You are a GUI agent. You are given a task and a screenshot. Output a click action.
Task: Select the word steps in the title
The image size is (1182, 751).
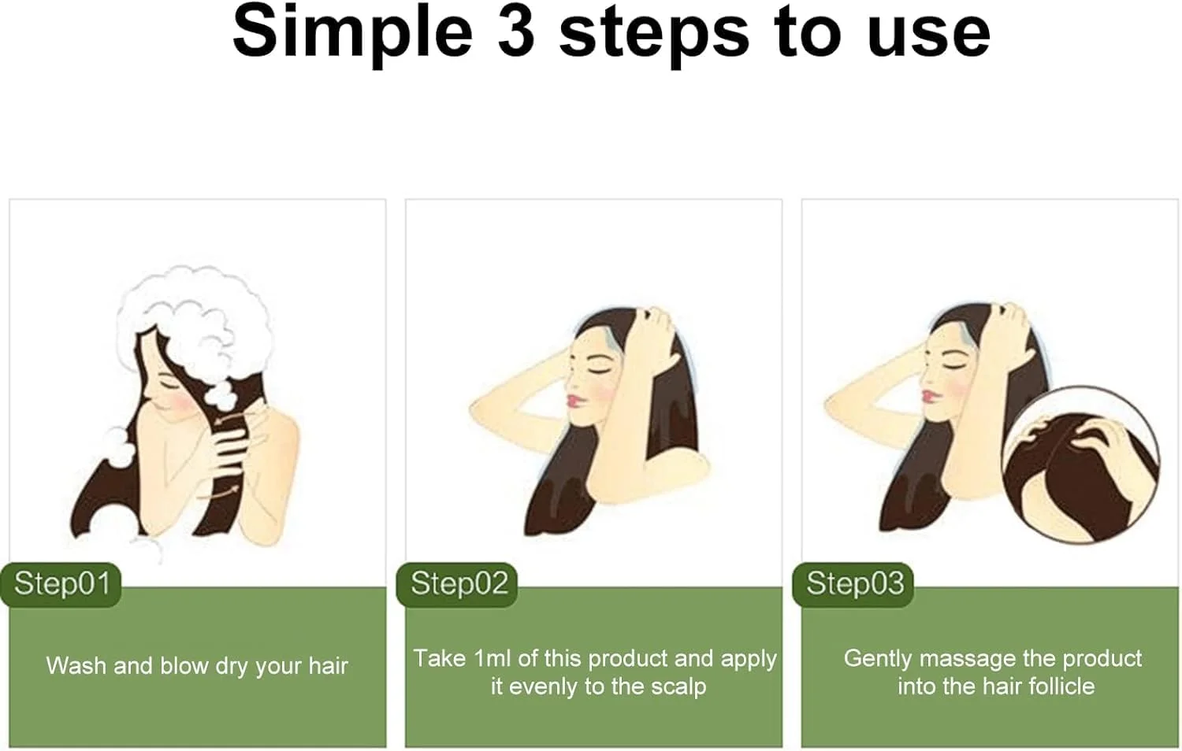tap(654, 37)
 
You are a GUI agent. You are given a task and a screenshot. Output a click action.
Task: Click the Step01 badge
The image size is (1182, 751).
tap(61, 584)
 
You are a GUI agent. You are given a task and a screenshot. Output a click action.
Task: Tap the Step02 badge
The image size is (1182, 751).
tap(457, 584)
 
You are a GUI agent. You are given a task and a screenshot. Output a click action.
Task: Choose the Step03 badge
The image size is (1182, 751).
tap(853, 584)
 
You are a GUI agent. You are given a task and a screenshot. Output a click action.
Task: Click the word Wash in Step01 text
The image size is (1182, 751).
tap(76, 666)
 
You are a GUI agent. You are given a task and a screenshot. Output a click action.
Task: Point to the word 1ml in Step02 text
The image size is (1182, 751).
tap(492, 659)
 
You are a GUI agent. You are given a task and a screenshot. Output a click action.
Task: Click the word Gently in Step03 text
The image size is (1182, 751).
tap(878, 660)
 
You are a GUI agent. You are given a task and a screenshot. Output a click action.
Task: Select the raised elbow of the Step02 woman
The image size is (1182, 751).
tap(476, 412)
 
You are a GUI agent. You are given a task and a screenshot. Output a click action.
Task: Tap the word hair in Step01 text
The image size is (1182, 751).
tap(329, 666)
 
